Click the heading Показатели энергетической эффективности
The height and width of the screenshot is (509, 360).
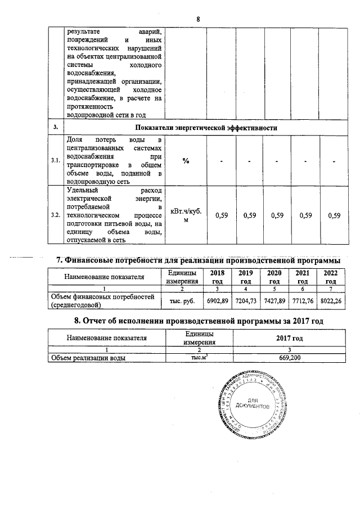(206, 128)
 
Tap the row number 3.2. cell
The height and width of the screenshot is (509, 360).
(55, 215)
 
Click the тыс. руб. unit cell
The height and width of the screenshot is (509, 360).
(181, 301)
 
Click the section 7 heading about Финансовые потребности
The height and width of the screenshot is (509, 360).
(200, 260)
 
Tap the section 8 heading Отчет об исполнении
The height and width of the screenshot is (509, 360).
(200, 321)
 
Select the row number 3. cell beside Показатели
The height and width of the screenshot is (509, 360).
(55, 128)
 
